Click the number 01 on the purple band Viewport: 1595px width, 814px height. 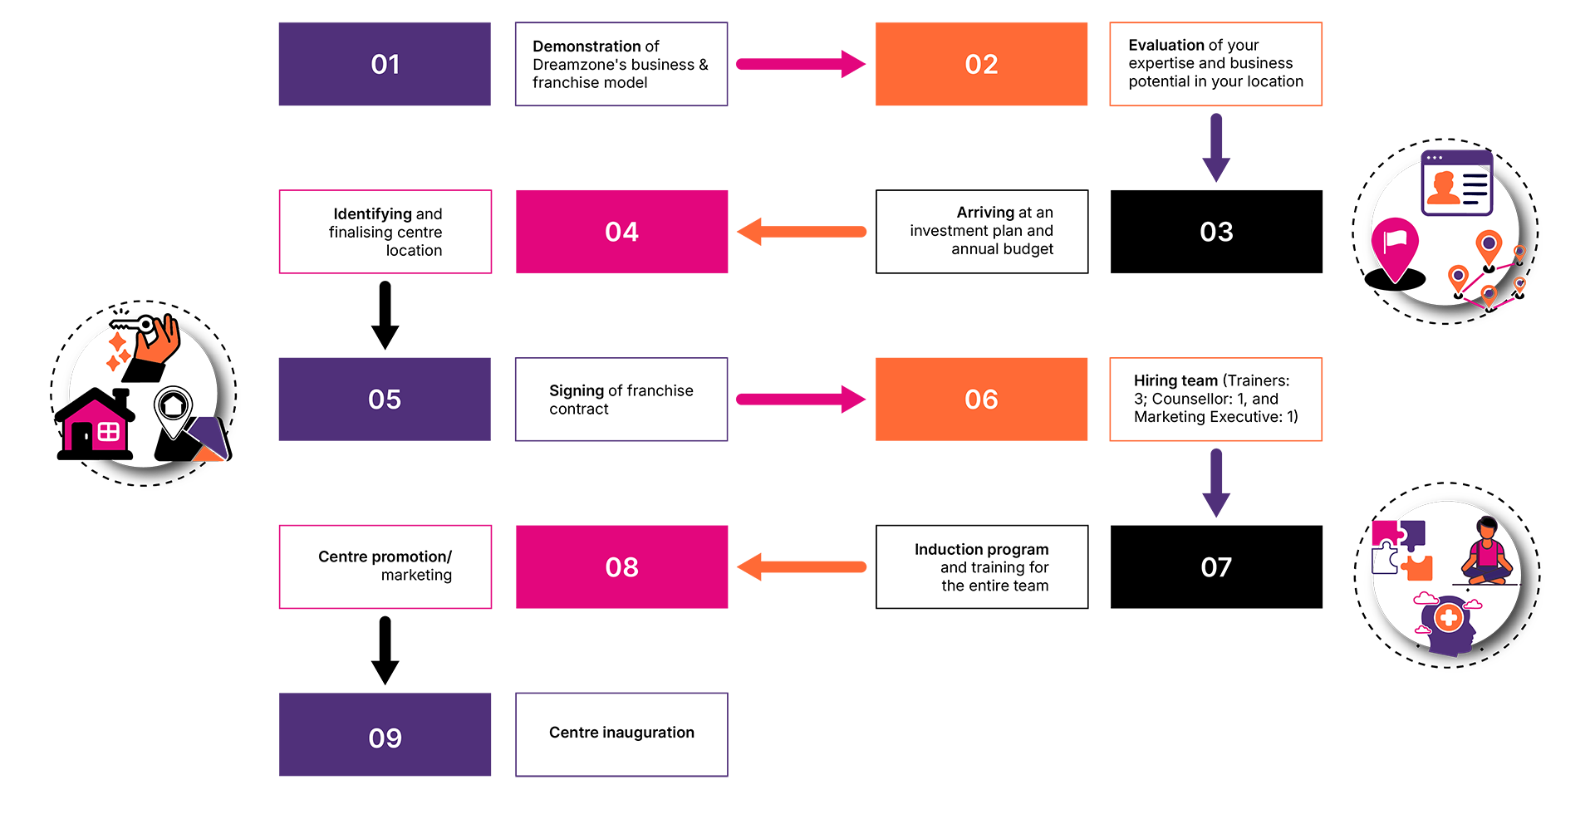point(385,65)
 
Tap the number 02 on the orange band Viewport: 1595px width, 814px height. point(981,65)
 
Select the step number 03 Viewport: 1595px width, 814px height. point(1216,232)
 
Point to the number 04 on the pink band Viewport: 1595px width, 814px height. point(621,232)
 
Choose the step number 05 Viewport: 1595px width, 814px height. point(385,400)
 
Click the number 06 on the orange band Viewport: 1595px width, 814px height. point(981,400)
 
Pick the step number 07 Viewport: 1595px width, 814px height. point(1216,567)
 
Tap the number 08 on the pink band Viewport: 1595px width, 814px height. point(621,567)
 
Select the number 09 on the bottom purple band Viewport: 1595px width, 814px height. point(385,738)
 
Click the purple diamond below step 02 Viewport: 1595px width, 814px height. point(1215,148)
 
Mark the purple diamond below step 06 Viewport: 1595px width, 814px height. point(1215,483)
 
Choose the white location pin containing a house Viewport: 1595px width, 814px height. point(174,410)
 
